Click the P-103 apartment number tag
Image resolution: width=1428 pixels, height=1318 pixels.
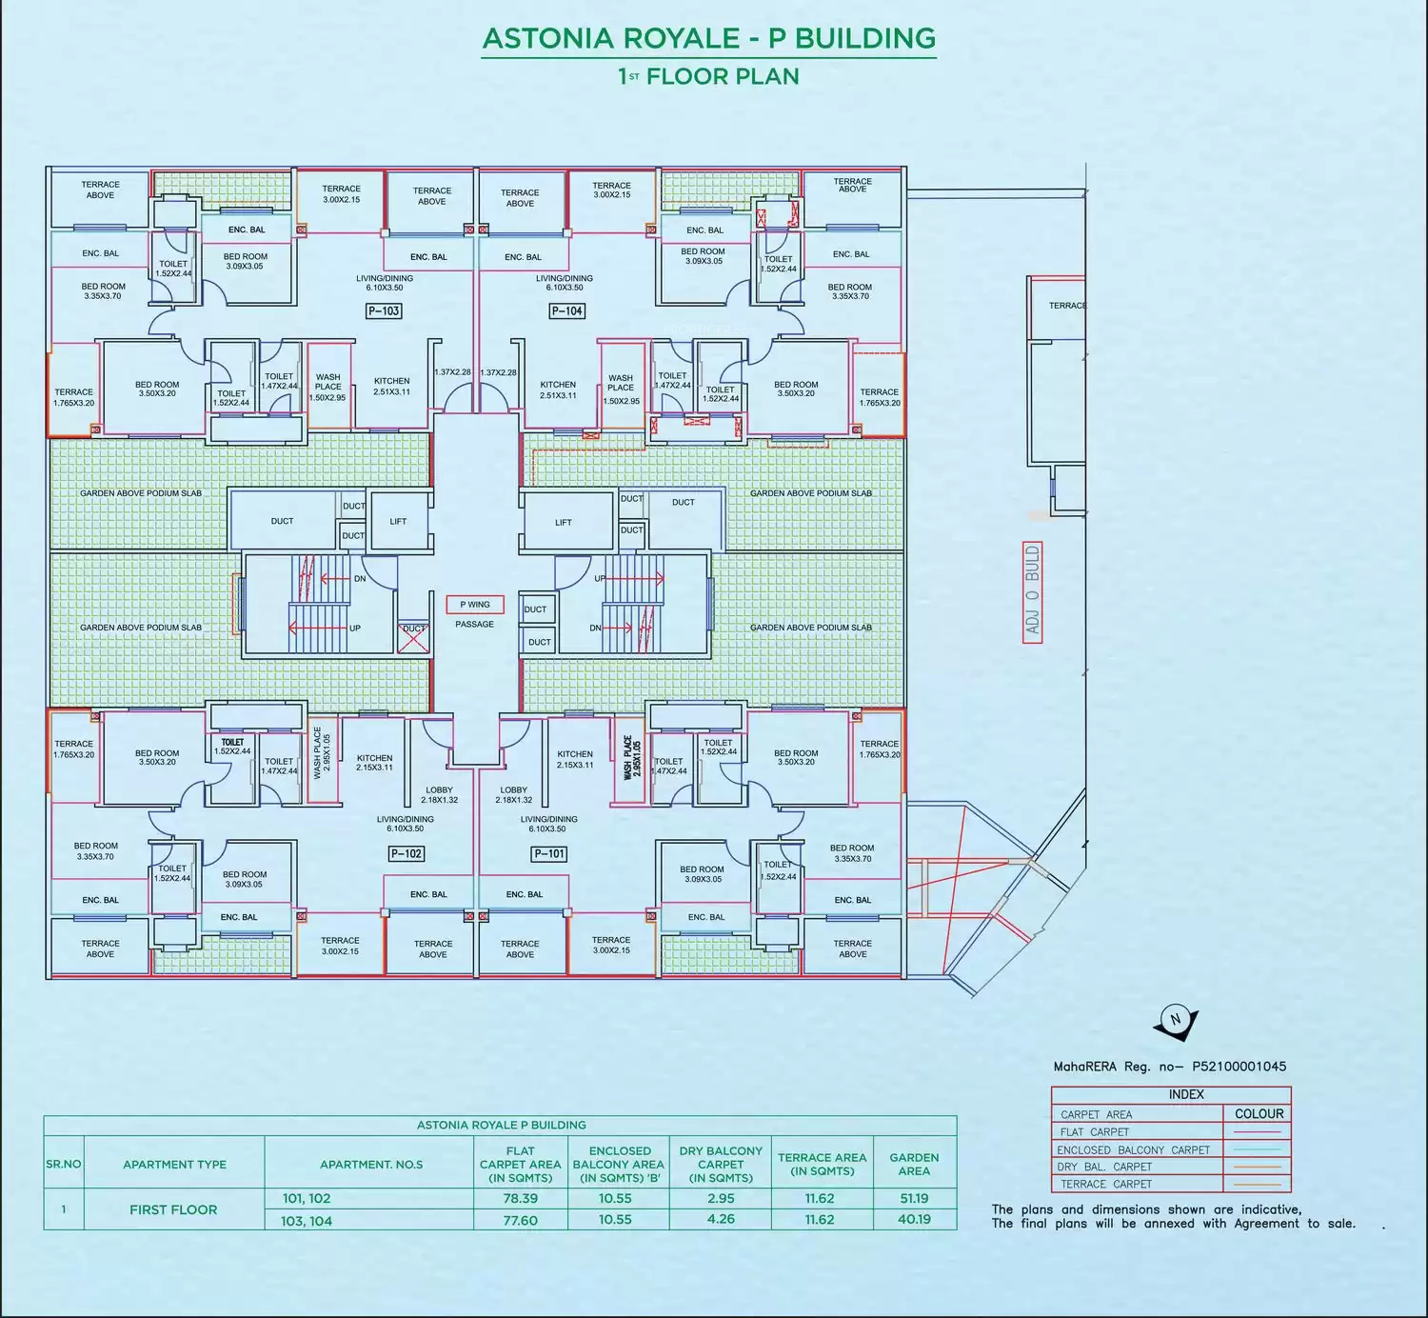384,310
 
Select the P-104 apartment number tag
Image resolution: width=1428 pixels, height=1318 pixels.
567,310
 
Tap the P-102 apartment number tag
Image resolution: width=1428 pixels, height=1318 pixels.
407,853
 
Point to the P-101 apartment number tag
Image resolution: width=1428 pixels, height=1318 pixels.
549,853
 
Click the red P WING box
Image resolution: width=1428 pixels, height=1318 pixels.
475,605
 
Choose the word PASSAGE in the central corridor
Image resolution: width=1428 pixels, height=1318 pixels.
474,625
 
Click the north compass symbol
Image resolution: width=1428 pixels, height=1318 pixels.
1175,1020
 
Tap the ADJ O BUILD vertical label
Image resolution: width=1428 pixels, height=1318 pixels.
1033,591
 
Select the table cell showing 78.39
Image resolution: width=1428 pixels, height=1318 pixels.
521,1199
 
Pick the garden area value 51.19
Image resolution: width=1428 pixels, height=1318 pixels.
914,1199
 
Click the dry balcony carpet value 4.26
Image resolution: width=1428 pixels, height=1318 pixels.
721,1219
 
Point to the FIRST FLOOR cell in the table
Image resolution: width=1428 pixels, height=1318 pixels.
173,1209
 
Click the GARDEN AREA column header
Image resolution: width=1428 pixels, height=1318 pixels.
914,1164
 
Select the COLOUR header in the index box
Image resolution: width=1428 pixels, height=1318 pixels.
1259,1113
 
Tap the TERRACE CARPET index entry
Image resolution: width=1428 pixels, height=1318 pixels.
1106,1184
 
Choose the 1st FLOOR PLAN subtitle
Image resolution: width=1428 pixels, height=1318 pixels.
708,77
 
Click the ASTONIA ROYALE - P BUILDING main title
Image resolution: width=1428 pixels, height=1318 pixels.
708,38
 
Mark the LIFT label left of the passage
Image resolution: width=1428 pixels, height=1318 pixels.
398,521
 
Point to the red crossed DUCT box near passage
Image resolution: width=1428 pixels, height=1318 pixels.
413,636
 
